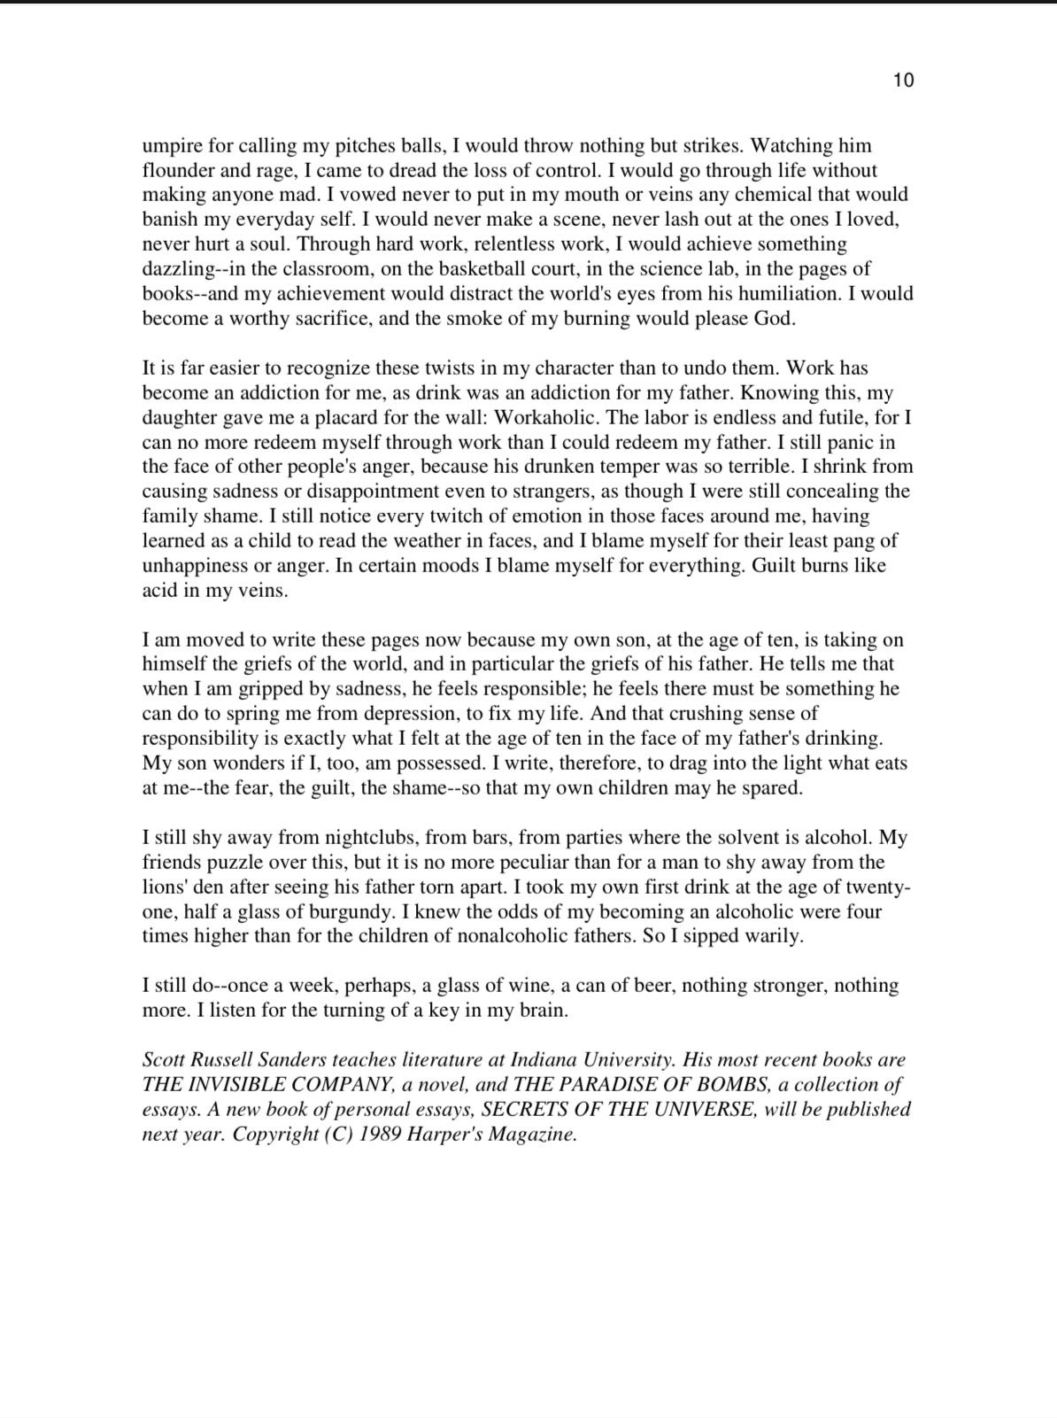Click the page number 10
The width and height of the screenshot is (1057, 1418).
[903, 81]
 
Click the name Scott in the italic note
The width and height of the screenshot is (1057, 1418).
[164, 1060]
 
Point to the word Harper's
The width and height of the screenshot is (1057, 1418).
[439, 1135]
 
